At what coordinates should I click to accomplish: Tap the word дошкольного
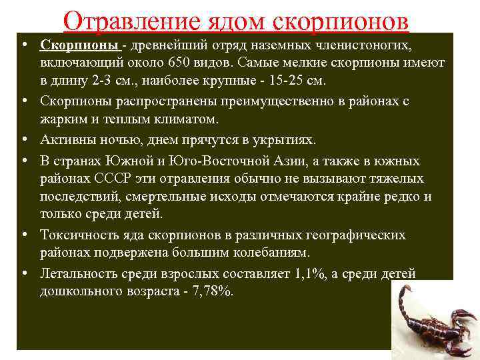pyautogui.click(x=82, y=292)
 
